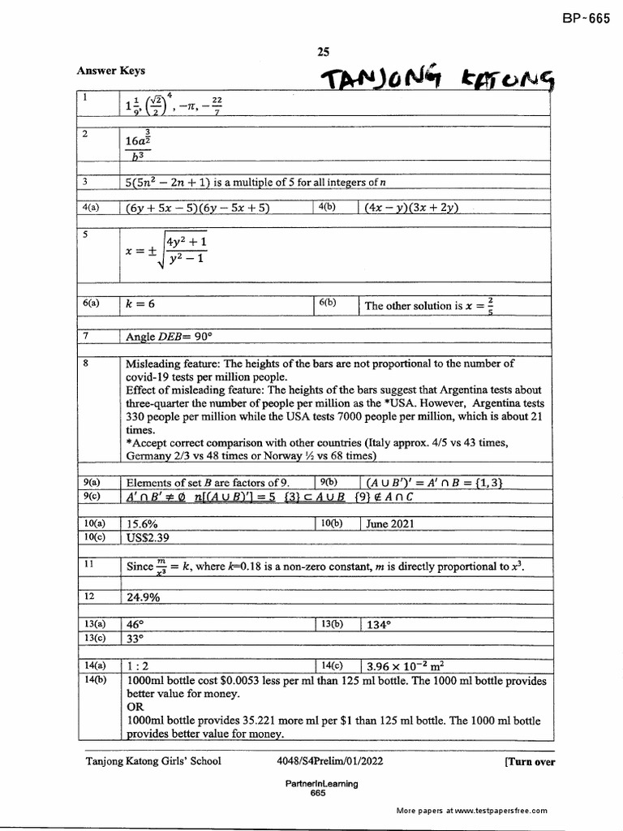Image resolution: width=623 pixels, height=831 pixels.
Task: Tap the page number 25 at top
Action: [324, 53]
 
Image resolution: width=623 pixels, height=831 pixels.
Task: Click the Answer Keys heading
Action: [110, 71]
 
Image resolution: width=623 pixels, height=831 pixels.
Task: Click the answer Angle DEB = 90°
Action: [168, 336]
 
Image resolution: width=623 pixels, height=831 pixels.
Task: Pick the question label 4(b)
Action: [328, 207]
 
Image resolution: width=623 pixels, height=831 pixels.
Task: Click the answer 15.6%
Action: [144, 523]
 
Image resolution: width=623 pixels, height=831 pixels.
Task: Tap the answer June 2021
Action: [389, 523]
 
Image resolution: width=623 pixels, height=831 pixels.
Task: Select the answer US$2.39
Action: [150, 537]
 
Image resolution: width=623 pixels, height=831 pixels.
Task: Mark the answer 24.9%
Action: [143, 596]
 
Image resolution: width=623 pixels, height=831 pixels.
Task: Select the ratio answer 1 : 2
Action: [140, 666]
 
